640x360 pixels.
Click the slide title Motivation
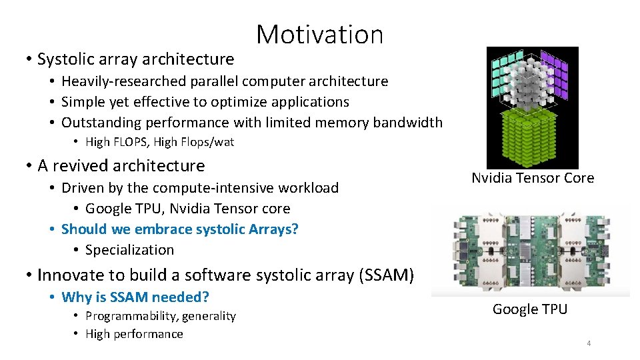tap(319, 35)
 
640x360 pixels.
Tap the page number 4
tap(589, 343)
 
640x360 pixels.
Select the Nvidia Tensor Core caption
tap(532, 178)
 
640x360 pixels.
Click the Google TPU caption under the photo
tap(530, 309)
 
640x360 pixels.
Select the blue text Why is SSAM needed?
tap(135, 297)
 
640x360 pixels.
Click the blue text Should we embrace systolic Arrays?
tap(179, 229)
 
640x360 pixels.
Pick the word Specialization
tap(129, 250)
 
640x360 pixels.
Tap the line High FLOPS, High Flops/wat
tap(159, 142)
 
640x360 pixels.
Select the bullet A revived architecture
tap(121, 165)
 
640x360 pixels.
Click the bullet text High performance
tap(134, 334)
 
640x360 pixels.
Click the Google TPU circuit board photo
tap(530, 250)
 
